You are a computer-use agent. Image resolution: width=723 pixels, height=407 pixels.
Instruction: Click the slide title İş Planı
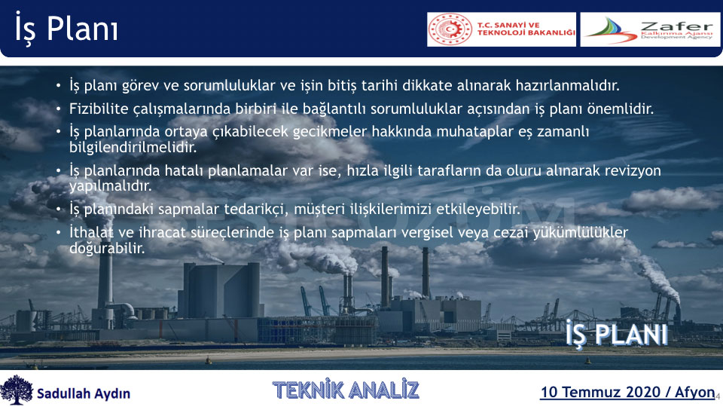66,29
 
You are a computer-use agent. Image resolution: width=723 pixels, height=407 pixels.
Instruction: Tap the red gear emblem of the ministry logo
450,29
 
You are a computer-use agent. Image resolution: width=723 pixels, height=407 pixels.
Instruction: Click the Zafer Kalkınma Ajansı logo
650,29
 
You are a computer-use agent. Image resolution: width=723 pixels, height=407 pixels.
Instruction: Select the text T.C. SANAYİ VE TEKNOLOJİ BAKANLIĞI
526,29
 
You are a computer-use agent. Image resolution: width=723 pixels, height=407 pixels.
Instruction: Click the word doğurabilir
107,248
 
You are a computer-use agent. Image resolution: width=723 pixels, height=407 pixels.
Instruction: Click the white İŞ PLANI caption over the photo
617,334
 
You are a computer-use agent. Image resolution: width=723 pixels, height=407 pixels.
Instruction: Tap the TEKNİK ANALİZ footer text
346,389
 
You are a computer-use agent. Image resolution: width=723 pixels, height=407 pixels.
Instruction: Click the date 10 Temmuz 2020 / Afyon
627,392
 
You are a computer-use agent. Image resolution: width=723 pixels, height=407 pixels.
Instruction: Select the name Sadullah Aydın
84,393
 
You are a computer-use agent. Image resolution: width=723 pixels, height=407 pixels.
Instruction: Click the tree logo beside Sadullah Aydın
17,390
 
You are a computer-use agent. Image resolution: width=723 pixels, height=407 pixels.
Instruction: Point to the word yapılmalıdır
110,186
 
